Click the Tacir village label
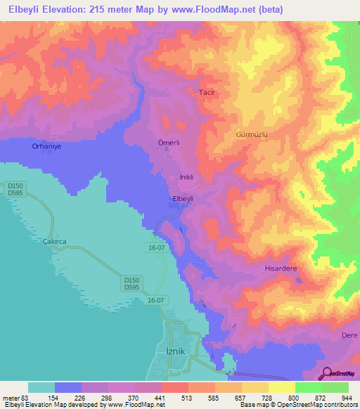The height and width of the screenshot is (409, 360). [x=206, y=93]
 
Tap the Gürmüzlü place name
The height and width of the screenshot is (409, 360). [x=253, y=133]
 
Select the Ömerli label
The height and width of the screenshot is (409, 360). [x=169, y=143]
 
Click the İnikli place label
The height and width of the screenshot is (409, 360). [x=186, y=177]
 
